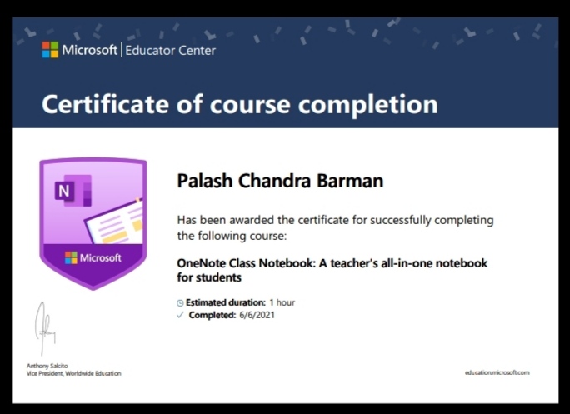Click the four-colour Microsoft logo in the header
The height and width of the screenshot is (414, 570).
[x=50, y=50]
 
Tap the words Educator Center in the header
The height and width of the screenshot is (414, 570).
[x=171, y=51]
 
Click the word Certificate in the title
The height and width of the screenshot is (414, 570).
[x=106, y=104]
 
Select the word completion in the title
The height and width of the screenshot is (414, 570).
[x=367, y=105]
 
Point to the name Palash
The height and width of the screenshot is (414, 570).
[x=205, y=181]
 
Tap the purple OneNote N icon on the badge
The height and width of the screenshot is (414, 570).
[x=72, y=191]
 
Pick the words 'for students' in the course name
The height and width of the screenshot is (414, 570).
[x=209, y=277]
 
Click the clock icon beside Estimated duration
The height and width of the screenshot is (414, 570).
[x=180, y=302]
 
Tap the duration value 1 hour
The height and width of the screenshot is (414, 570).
[x=282, y=302]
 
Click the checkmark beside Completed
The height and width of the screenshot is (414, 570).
[x=180, y=315]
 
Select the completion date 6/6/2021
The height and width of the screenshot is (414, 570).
[x=257, y=315]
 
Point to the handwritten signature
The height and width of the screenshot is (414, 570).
[x=45, y=328]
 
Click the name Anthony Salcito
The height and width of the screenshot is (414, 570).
[x=47, y=366]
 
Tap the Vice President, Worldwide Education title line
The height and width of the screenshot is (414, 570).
[x=74, y=373]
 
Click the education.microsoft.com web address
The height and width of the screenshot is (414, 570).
[x=497, y=372]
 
